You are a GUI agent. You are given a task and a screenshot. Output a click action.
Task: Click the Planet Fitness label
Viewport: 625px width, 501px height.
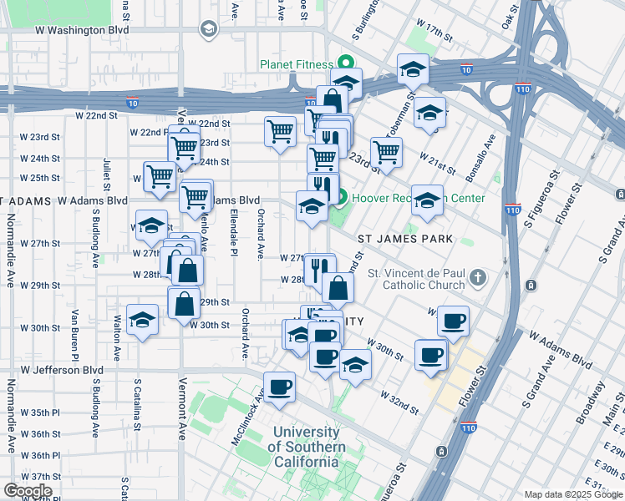(296, 63)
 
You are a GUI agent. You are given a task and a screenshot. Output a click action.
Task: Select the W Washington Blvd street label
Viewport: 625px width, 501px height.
(82, 29)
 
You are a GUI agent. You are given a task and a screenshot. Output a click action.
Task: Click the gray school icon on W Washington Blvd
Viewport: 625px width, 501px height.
(208, 30)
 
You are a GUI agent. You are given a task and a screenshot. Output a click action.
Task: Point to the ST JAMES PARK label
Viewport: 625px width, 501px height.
(405, 239)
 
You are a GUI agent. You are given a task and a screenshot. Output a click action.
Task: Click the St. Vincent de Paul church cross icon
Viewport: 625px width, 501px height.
(477, 276)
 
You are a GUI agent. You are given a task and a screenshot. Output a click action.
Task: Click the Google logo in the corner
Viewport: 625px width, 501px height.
(27, 490)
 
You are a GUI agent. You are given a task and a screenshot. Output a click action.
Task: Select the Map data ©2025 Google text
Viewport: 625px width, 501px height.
(573, 494)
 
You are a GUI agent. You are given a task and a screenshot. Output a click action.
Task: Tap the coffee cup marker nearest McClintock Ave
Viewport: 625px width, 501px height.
(280, 387)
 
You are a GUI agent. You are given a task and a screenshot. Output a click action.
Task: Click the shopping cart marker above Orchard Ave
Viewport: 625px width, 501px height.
(280, 131)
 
